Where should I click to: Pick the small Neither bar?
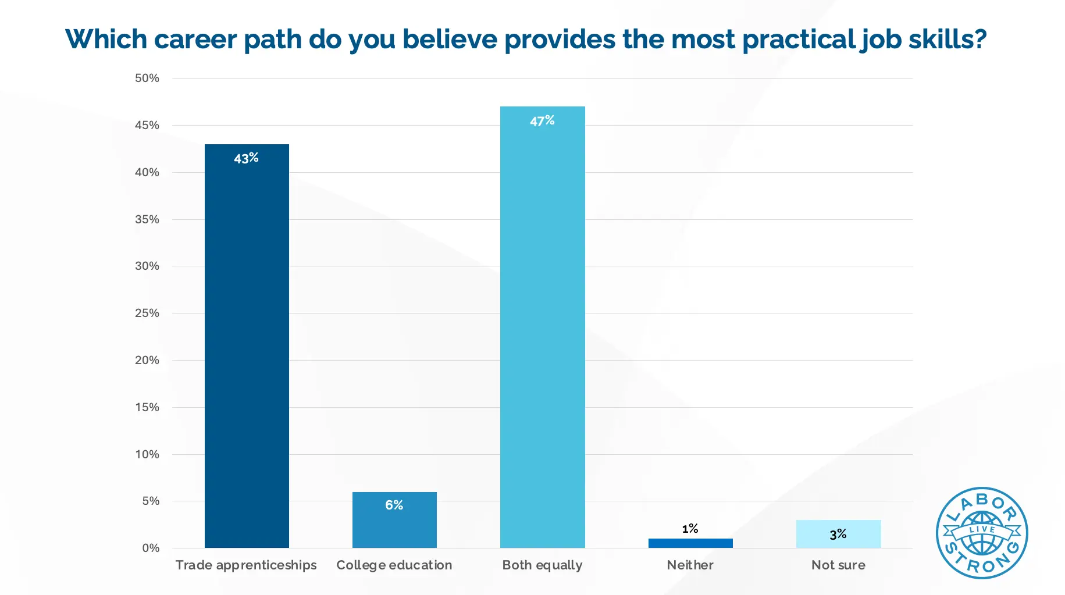[690, 543]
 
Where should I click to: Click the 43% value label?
[246, 158]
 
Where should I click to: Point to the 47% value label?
[542, 121]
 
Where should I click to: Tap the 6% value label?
[394, 505]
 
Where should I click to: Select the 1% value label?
[690, 529]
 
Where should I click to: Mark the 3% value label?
[838, 535]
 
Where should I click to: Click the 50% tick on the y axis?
[147, 78]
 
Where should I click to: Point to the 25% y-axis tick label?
[147, 313]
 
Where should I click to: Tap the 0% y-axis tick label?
[151, 548]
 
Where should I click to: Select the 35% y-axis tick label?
[147, 219]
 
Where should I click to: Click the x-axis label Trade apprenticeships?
[246, 565]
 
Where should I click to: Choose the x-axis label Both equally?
[542, 565]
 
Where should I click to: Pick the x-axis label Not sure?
[838, 565]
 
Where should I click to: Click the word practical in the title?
[797, 40]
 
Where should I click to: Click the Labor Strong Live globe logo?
[981, 533]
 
